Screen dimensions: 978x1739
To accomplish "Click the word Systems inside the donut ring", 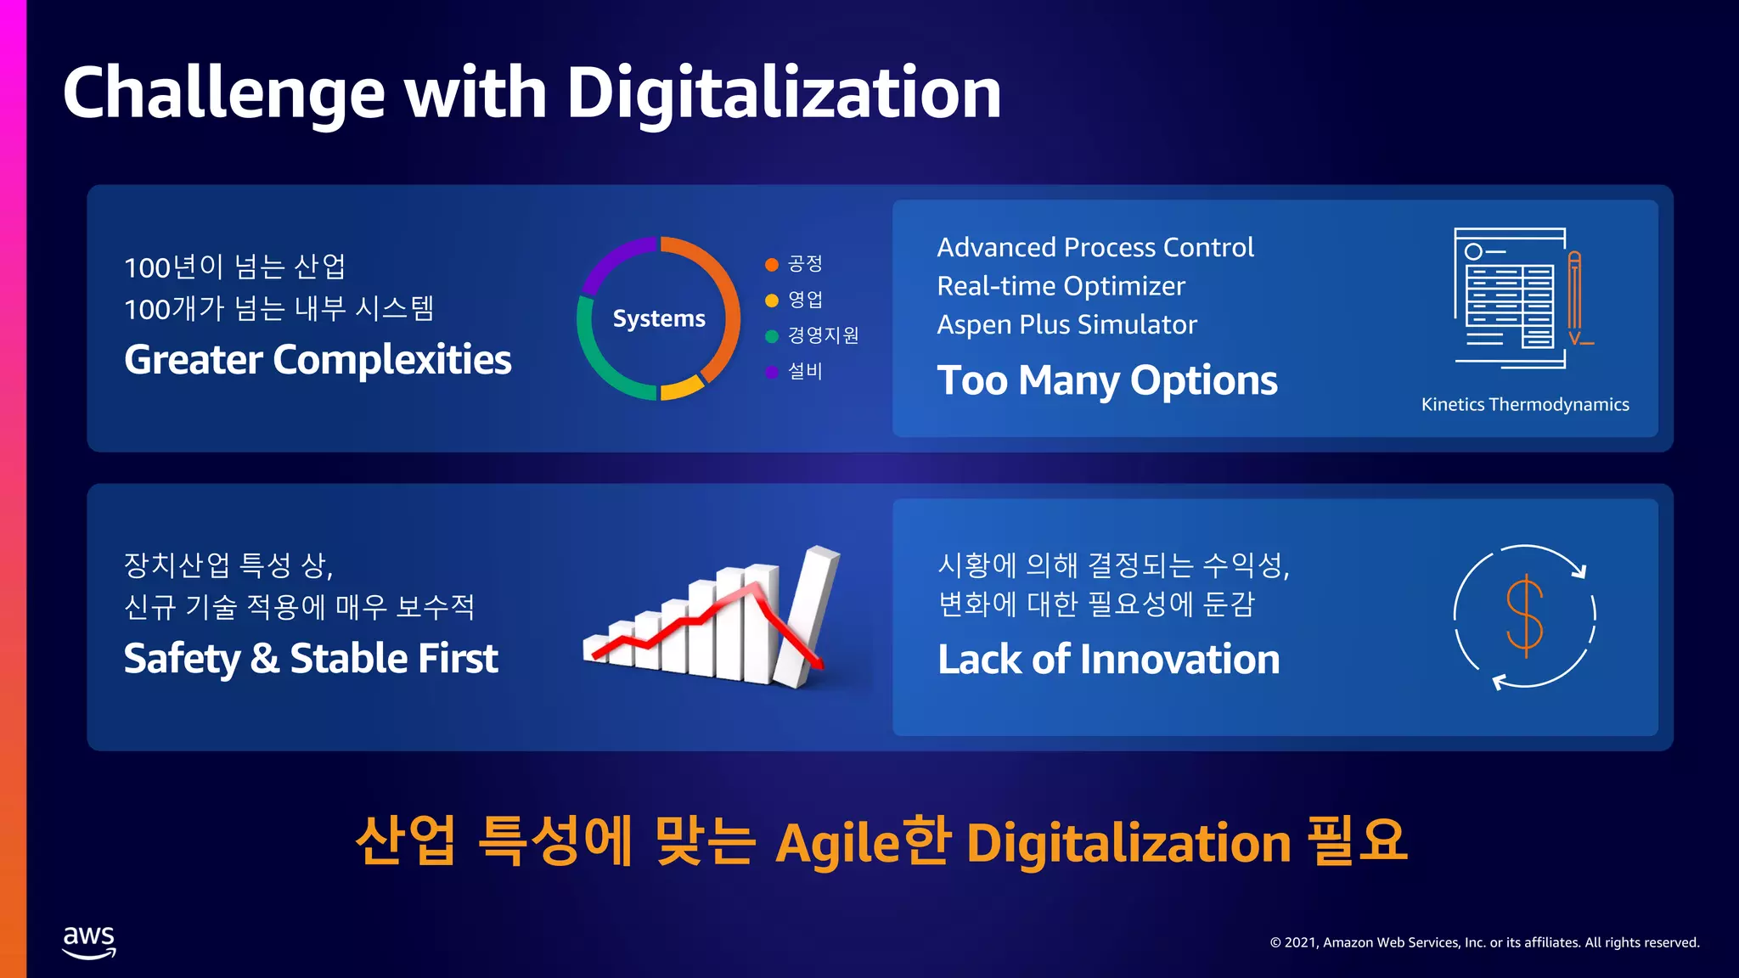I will [x=659, y=318].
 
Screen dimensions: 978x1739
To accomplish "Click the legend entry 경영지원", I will [x=823, y=335].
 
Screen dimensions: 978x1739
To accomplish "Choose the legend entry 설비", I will [x=805, y=371].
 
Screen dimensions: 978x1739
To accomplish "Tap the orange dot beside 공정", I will [x=772, y=265].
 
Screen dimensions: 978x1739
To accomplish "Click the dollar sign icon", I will [x=1524, y=615].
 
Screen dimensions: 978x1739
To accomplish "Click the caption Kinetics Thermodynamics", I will [x=1525, y=405].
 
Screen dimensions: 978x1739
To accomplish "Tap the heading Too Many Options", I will [x=1106, y=380].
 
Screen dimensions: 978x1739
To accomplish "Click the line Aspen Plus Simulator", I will [x=1066, y=325].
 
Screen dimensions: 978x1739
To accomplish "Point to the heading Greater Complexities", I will [x=318, y=360].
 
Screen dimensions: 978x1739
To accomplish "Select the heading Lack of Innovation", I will [x=1108, y=660].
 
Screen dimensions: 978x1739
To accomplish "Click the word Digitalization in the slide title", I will [x=783, y=93].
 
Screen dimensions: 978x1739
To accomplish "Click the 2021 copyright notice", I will [x=1484, y=942].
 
